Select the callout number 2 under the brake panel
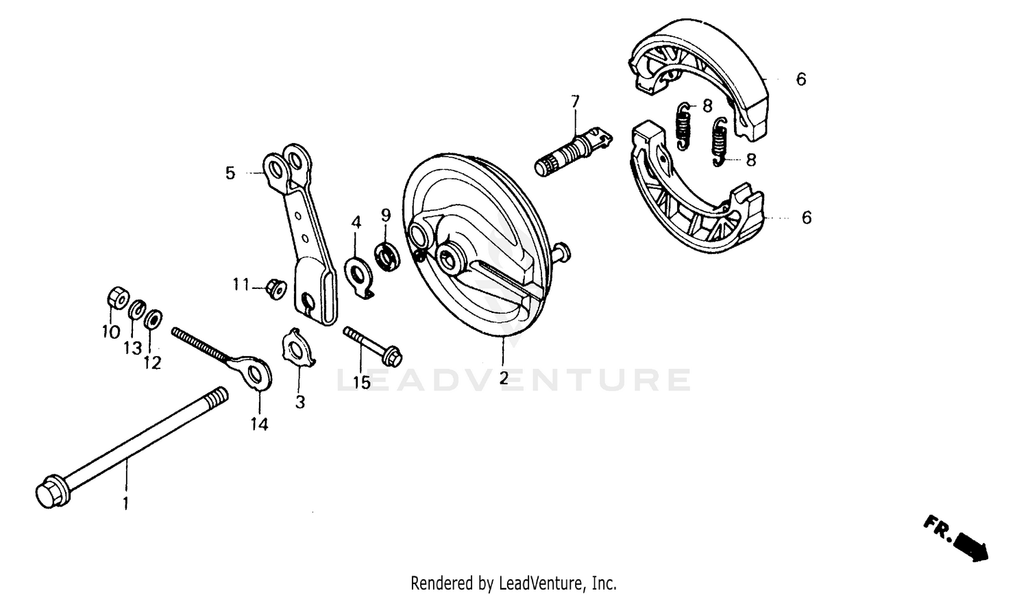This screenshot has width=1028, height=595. click(x=504, y=378)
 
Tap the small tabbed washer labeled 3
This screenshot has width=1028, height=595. click(x=299, y=349)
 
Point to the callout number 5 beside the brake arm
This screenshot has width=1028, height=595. click(x=230, y=173)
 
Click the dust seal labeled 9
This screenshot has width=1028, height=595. click(x=387, y=256)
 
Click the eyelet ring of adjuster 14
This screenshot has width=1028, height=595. click(x=257, y=373)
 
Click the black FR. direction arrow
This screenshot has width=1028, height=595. click(x=970, y=544)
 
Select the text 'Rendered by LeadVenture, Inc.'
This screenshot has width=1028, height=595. click(x=513, y=583)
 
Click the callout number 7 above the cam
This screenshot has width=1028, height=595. click(x=575, y=102)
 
